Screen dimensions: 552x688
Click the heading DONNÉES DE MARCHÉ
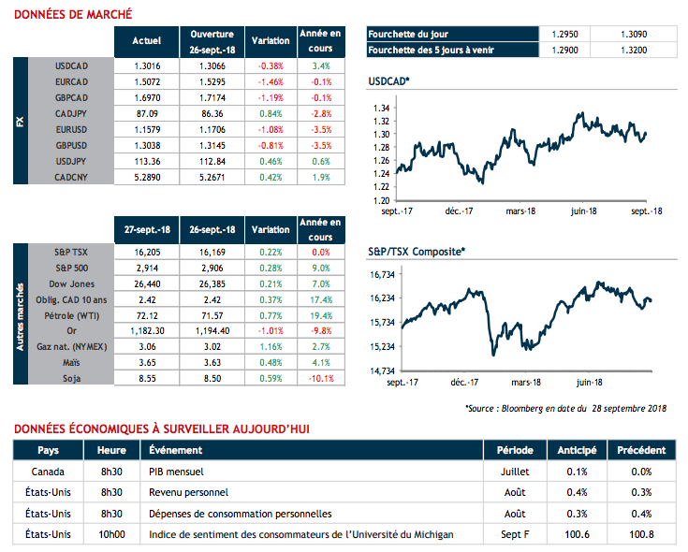[73, 14]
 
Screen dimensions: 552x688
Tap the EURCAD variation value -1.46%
[271, 81]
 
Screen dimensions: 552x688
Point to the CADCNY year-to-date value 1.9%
[320, 176]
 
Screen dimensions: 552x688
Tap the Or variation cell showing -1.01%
[271, 331]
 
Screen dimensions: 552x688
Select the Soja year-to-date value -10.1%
[320, 379]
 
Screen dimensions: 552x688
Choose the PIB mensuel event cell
[177, 472]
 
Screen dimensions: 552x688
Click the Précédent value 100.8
[634, 534]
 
